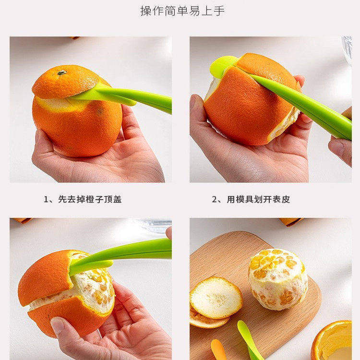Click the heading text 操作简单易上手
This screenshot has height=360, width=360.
(182, 11)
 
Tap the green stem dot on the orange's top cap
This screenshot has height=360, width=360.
(61, 72)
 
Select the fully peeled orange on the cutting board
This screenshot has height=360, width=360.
(278, 278)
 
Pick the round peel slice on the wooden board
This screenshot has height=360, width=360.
(216, 298)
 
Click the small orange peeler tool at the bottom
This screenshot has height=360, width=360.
(218, 350)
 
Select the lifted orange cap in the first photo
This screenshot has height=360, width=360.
(65, 82)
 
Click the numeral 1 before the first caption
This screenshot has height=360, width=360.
(46, 199)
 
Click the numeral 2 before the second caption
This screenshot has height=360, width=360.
(215, 199)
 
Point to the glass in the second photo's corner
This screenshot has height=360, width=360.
(347, 48)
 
